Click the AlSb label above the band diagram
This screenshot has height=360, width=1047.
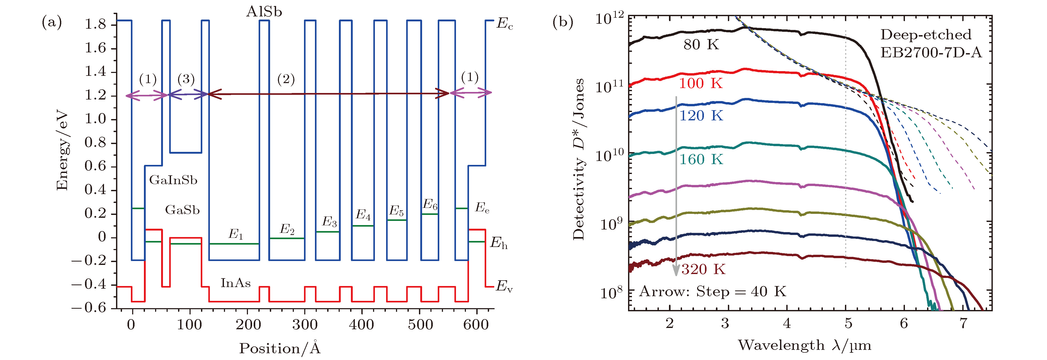coord(264,12)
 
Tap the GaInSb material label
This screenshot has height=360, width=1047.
coord(173,180)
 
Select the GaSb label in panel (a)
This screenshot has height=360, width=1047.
coord(182,210)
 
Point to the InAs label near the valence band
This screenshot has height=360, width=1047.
coord(235,283)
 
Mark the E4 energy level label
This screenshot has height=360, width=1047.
coord(363,215)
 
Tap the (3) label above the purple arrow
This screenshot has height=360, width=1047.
coord(186,79)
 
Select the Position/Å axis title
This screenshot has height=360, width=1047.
coord(280,348)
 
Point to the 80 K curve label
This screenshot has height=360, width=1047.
coord(701,45)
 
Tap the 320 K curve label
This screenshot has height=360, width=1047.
coord(703,269)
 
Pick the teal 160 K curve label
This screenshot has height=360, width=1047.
coord(701,159)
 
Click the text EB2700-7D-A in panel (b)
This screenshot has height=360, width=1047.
coord(931,52)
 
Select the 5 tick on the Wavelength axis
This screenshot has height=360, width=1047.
coord(848,324)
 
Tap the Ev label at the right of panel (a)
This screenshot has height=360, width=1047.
coord(504,287)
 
